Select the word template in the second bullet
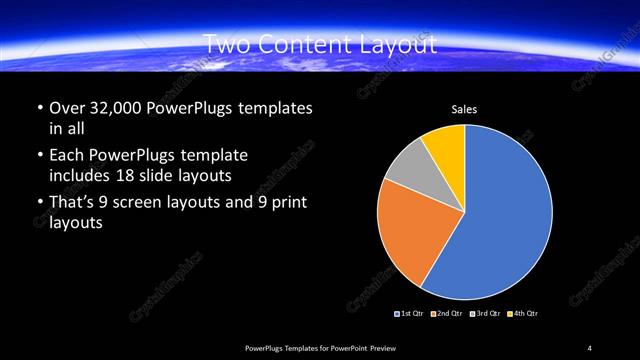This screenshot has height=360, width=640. point(213,156)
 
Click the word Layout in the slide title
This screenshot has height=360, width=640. point(401,44)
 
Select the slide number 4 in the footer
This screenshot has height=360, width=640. point(590,347)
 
